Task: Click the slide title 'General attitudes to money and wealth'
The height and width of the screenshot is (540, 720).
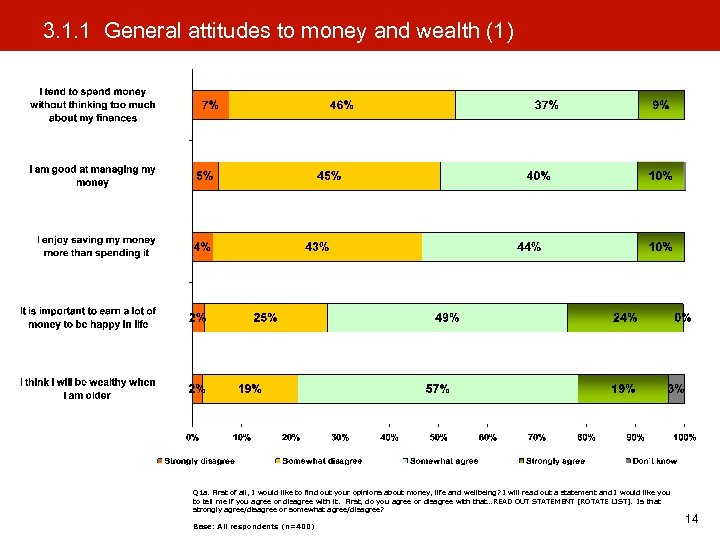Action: [278, 32]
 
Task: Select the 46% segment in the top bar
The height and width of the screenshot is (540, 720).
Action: [341, 105]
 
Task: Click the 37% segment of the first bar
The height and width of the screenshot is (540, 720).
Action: [546, 105]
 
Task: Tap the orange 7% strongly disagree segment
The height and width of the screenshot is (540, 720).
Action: [211, 105]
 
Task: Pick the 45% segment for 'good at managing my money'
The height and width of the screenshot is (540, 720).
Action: [329, 176]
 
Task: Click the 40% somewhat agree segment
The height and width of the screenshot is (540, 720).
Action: [538, 176]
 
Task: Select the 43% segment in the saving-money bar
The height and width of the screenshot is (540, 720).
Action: [317, 247]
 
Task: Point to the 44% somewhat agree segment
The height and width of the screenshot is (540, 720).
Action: [529, 247]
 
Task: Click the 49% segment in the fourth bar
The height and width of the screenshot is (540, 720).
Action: [447, 318]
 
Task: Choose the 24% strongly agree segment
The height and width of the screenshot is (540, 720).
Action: [624, 318]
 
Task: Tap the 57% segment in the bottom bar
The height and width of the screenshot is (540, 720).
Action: [437, 389]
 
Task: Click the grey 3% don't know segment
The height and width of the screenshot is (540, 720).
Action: [676, 389]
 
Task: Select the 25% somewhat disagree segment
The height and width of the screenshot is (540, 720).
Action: [265, 318]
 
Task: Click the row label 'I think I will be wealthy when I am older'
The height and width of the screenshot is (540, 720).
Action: [88, 389]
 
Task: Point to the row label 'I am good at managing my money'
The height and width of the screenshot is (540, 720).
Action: [92, 176]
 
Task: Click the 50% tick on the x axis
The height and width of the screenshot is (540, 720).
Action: [438, 437]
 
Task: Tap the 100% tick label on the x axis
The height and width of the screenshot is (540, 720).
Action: [683, 437]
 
